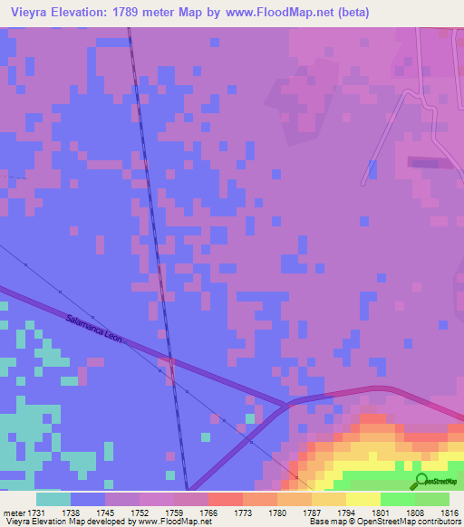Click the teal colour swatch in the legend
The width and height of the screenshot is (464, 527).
click(x=53, y=499)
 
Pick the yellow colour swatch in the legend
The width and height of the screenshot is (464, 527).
click(x=362, y=499)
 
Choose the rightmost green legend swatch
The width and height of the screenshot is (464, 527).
click(x=431, y=499)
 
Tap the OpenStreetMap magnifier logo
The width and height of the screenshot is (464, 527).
click(x=420, y=481)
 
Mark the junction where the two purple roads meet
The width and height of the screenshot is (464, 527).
click(x=288, y=403)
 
